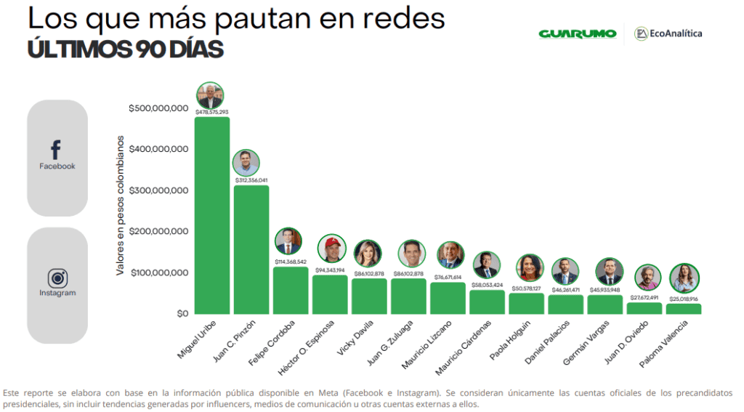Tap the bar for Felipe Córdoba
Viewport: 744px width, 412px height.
pos(290,290)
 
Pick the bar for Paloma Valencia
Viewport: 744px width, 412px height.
pos(684,309)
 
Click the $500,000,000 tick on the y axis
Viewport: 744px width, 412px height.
pos(158,108)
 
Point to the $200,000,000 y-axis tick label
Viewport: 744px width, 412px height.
pos(158,231)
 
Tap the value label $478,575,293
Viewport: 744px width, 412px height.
pos(211,112)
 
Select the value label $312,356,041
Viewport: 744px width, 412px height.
pos(251,180)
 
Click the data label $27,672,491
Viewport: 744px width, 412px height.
pos(644,297)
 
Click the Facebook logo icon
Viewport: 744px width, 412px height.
pos(57,150)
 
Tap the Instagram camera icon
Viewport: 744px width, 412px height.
pos(57,278)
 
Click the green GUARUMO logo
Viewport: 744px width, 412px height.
pos(577,33)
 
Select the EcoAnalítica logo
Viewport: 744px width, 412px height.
pos(668,33)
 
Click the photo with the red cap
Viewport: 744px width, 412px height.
pos(331,249)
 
